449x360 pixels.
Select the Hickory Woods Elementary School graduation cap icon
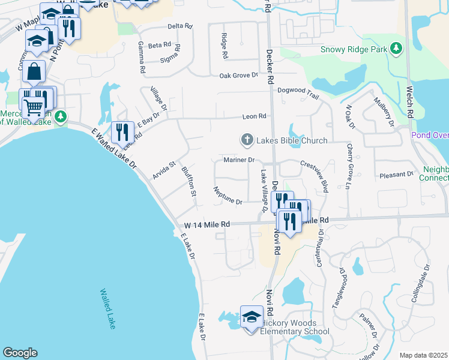point(252,317)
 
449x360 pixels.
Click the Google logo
point(20,353)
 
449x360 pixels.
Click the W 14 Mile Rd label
point(207,224)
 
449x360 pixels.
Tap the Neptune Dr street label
point(228,196)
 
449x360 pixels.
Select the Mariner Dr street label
point(240,160)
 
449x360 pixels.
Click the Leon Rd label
point(253,116)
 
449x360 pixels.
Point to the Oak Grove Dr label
point(238,76)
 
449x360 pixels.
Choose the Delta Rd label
point(179,26)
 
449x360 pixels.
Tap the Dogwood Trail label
point(298,90)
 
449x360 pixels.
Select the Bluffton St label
point(189,181)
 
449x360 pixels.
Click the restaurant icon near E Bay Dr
point(122,133)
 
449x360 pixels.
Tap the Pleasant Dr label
point(397,175)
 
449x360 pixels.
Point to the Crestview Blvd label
point(315,176)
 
